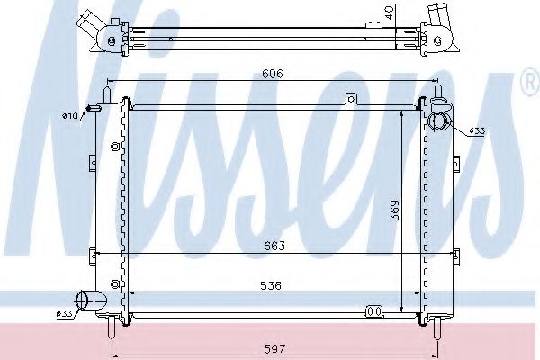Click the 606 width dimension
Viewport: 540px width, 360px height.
point(274,75)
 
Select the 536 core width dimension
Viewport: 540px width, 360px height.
point(274,285)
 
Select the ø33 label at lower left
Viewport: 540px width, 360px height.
point(63,313)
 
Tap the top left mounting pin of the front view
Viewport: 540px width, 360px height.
point(109,90)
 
